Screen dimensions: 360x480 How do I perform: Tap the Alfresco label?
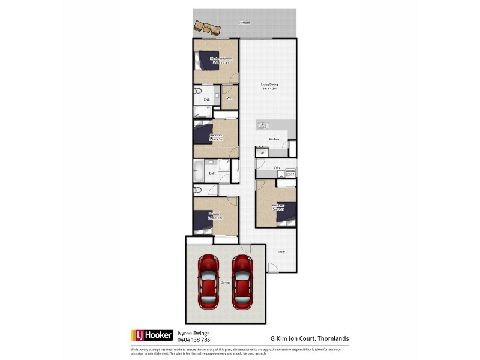[245, 22]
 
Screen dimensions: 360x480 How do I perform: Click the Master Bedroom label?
[221, 59]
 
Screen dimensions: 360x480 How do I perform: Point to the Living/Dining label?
[269, 85]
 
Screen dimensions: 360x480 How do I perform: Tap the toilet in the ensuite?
[198, 91]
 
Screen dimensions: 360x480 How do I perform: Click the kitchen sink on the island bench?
[262, 125]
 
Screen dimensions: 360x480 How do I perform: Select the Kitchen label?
[274, 139]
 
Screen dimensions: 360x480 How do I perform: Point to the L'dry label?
[277, 167]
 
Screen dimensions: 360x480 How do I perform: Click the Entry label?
[281, 252]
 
